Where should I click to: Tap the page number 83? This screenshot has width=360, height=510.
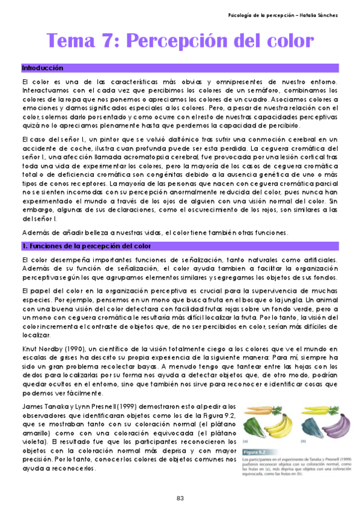(180, 497)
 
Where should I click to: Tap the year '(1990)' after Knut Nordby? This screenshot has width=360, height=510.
(74, 349)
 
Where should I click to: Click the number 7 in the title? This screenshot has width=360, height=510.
(109, 41)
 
